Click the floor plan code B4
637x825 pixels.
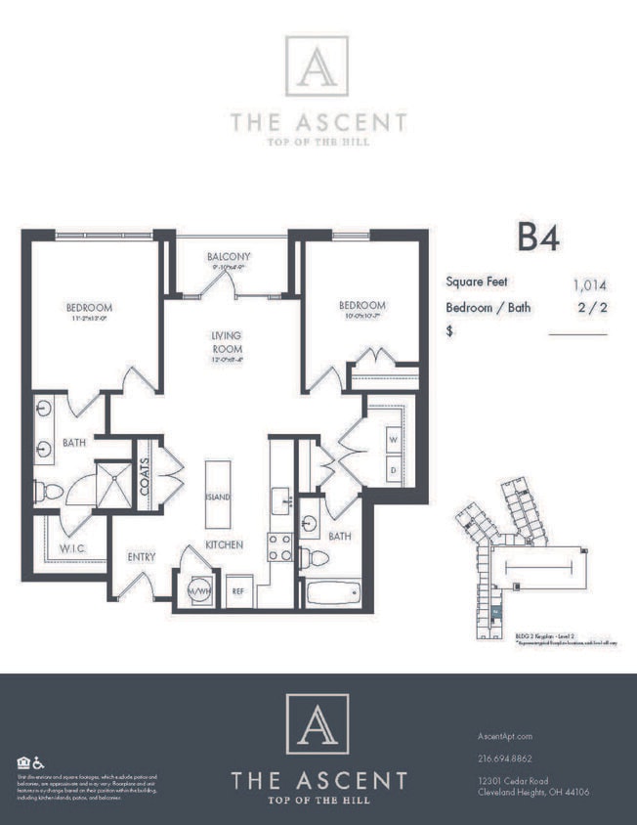click(x=537, y=238)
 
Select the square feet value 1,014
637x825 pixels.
click(x=589, y=285)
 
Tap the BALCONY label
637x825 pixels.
click(x=228, y=257)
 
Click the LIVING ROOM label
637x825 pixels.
click(x=226, y=342)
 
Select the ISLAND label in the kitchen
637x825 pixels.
click(x=218, y=497)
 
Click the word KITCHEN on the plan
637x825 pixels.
click(x=224, y=544)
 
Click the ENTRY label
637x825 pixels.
click(x=143, y=557)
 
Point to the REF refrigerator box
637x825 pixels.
click(x=236, y=590)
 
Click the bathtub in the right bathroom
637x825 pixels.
click(x=332, y=592)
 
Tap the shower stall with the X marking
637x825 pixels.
click(x=113, y=485)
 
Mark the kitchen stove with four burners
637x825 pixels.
click(x=280, y=547)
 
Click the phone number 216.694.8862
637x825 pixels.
click(x=506, y=758)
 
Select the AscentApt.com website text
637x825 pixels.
click(x=506, y=736)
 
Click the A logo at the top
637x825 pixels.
click(x=317, y=66)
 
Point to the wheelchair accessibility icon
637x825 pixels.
click(x=39, y=762)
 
